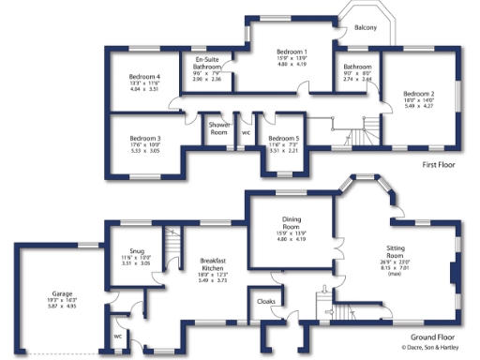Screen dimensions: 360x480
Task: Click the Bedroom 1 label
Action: (291, 51)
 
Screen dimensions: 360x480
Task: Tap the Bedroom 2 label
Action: (419, 94)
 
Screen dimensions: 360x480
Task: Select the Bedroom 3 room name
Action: (145, 138)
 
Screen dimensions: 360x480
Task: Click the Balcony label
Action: (366, 29)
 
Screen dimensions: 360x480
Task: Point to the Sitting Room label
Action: (402, 250)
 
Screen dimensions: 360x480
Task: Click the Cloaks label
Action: (265, 302)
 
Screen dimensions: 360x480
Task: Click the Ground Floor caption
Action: (433, 335)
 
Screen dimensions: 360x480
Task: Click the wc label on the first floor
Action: (246, 132)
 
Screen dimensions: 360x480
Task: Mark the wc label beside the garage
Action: (118, 336)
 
